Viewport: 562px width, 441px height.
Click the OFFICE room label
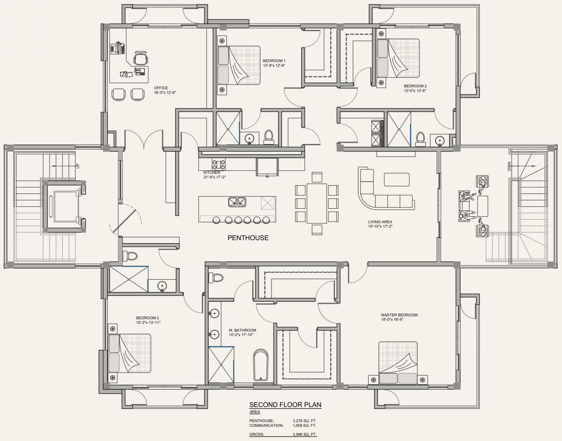pos(161,88)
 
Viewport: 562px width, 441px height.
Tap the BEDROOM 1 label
pos(274,61)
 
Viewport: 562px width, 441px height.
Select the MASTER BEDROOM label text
pos(399,315)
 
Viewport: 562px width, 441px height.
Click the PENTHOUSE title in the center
pos(248,238)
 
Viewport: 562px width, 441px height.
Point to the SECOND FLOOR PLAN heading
pos(285,404)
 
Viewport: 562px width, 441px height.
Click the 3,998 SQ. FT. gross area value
pos(304,434)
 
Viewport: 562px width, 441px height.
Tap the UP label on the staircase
pos(78,166)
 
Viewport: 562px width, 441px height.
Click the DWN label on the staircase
pos(509,166)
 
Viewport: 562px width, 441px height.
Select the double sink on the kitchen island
pos(237,202)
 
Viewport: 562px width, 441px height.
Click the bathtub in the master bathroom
pos(261,365)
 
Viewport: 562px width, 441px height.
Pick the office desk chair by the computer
pos(141,58)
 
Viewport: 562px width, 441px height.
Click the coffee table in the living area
pos(397,180)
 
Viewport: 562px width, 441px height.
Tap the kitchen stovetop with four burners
pos(218,164)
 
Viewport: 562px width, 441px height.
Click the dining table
pos(317,203)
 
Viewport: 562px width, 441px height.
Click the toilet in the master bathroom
pos(216,278)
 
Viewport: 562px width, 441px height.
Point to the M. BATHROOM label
pos(243,330)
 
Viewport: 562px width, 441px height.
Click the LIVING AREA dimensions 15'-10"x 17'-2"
pos(380,226)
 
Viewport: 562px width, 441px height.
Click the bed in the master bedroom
pos(398,363)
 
